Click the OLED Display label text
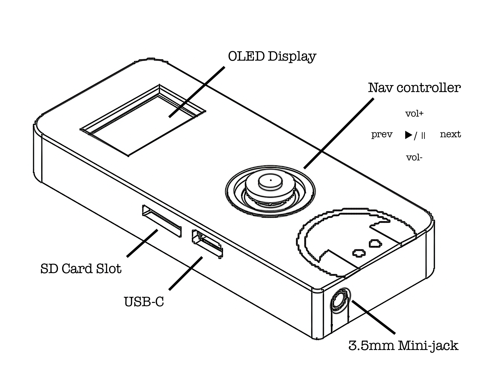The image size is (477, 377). pyautogui.click(x=272, y=56)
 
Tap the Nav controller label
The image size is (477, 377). pyautogui.click(x=414, y=88)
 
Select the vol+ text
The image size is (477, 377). pyautogui.click(x=414, y=114)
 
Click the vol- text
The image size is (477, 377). pyautogui.click(x=414, y=158)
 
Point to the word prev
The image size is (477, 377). pyautogui.click(x=381, y=134)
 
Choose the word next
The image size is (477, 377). pyautogui.click(x=450, y=134)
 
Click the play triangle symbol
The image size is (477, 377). pyautogui.click(x=408, y=135)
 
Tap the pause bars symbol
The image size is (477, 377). pyautogui.click(x=423, y=135)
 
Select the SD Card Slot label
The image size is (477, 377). pyautogui.click(x=81, y=269)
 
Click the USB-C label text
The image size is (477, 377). pyautogui.click(x=144, y=301)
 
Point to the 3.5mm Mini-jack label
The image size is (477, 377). pyautogui.click(x=403, y=345)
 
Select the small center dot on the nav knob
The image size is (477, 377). pyautogui.click(x=271, y=180)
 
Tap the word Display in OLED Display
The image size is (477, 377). pyautogui.click(x=292, y=56)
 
